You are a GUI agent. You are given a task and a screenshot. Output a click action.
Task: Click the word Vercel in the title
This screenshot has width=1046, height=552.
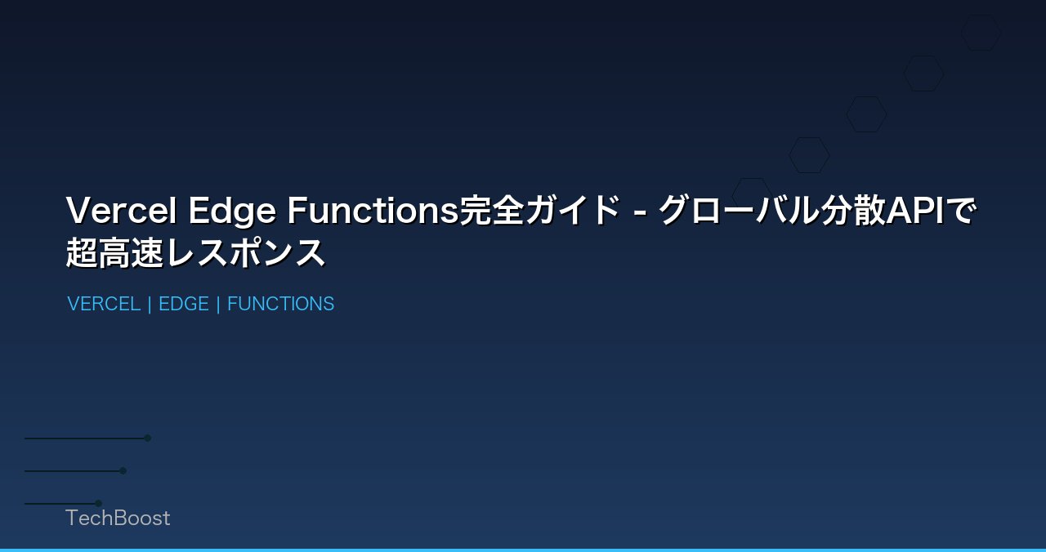click(x=121, y=211)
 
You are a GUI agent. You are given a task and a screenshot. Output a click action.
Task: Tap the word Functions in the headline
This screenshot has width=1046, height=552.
click(x=373, y=211)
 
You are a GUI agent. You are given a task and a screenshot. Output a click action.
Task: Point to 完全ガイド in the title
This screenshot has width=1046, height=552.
click(x=540, y=211)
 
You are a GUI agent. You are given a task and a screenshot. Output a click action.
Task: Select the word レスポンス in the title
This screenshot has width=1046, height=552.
click(x=245, y=253)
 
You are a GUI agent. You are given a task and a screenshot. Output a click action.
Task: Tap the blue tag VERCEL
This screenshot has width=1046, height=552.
click(x=104, y=304)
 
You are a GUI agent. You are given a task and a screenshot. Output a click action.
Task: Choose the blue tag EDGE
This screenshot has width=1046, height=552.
click(x=184, y=304)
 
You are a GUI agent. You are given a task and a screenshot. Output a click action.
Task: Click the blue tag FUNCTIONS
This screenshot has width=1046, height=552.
click(x=280, y=304)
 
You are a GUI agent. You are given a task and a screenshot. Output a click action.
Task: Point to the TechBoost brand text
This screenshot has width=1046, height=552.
click(x=118, y=518)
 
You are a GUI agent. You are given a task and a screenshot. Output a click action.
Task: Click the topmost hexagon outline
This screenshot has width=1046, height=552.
click(x=981, y=33)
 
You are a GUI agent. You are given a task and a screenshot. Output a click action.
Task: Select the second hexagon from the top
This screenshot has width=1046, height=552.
click(x=923, y=73)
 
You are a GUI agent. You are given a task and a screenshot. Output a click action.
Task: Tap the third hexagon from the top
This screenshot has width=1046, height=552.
click(x=866, y=114)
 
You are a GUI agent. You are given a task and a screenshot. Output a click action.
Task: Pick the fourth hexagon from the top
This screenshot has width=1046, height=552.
click(x=809, y=155)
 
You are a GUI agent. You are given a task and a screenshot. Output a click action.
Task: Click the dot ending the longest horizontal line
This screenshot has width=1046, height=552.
click(x=148, y=438)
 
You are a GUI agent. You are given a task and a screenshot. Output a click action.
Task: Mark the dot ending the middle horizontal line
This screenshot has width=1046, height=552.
click(x=123, y=470)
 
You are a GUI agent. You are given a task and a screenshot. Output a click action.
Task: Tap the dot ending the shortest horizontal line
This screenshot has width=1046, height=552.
click(x=98, y=503)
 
